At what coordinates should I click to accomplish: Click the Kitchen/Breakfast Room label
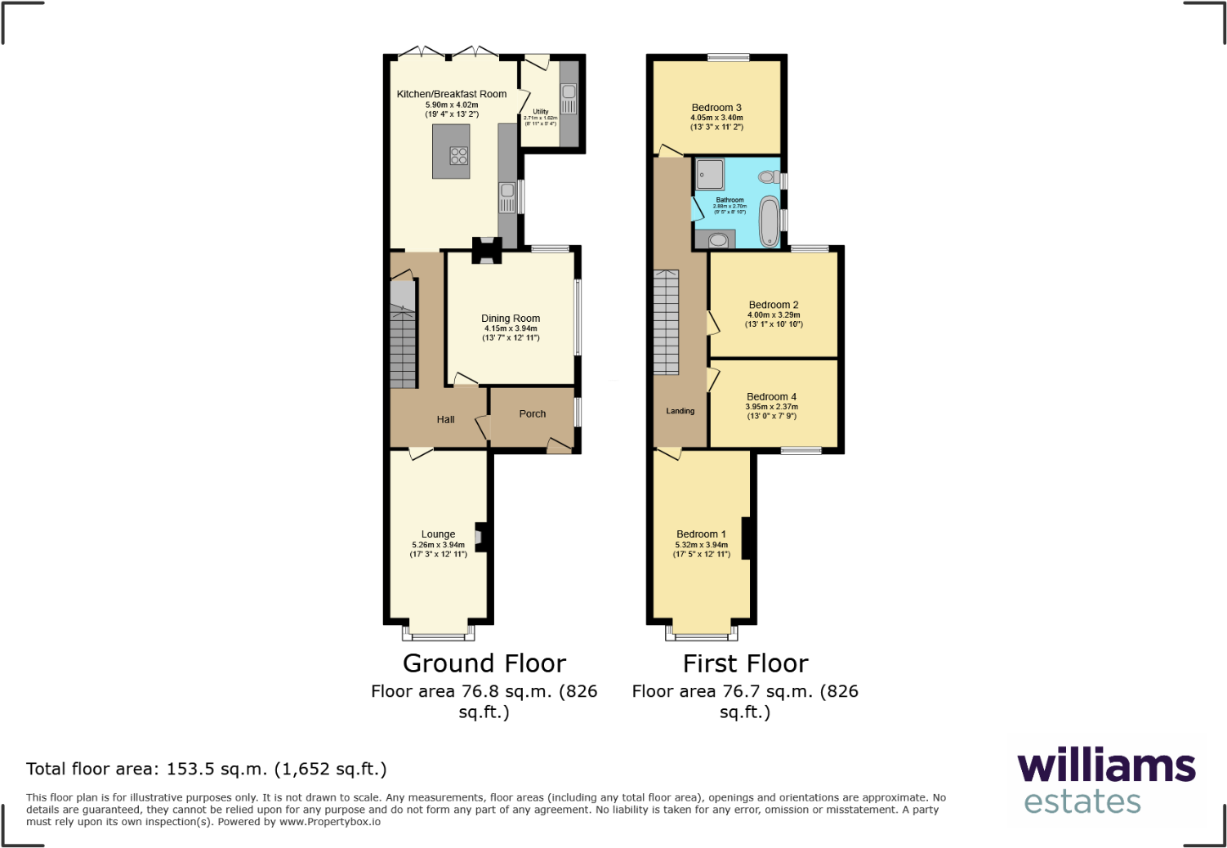click(x=452, y=94)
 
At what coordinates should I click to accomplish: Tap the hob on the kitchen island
click(x=459, y=155)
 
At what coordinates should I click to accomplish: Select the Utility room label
click(x=541, y=112)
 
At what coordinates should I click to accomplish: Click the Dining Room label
click(x=511, y=319)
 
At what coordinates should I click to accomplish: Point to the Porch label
click(x=533, y=414)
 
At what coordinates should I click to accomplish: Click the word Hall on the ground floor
click(x=445, y=420)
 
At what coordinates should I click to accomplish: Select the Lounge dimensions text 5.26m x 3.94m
click(x=439, y=545)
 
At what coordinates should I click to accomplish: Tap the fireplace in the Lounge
click(x=480, y=537)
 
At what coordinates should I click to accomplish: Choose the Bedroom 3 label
click(x=716, y=108)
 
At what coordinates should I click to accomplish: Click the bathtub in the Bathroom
click(x=770, y=221)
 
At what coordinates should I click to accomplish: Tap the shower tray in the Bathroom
click(x=710, y=174)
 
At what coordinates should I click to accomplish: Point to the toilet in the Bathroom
click(x=768, y=176)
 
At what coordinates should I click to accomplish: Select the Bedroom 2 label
click(x=774, y=305)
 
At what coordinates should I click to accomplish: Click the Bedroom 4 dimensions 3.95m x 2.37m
click(x=772, y=407)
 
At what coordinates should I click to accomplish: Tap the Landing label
click(x=680, y=411)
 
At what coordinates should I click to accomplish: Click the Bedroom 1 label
click(x=701, y=534)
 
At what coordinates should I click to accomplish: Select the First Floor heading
click(x=745, y=663)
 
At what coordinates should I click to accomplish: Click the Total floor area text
click(x=206, y=769)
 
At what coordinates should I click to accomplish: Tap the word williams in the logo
click(x=1106, y=766)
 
